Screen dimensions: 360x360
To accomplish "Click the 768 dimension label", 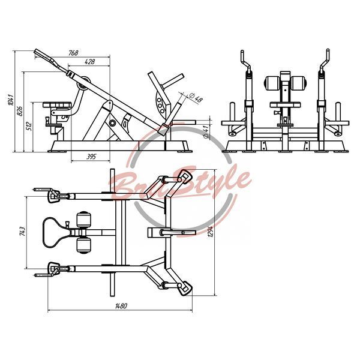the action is [73, 53].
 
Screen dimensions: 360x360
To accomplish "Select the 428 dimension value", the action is [89, 62].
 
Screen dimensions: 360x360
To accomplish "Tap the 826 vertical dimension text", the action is [20, 112].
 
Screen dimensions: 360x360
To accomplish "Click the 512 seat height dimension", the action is [29, 126].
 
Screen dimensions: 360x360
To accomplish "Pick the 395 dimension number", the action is [91, 157].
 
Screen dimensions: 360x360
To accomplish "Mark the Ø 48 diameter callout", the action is [196, 98].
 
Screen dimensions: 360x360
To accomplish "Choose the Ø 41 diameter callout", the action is [206, 131].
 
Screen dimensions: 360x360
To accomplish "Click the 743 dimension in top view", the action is [23, 232].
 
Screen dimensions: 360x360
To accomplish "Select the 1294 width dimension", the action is [211, 231].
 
